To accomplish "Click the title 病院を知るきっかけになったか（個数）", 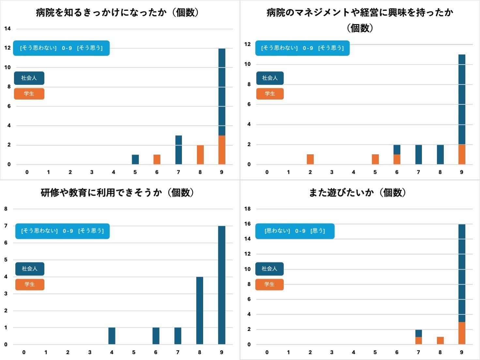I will point(117,12).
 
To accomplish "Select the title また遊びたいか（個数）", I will point(357,193).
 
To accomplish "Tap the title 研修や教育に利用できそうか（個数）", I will point(117,193).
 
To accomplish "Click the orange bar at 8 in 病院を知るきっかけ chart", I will point(200,155).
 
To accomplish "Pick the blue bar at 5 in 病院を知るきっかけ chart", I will point(135,159).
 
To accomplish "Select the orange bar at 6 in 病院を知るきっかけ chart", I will point(157,159).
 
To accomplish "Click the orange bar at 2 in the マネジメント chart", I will point(310,159).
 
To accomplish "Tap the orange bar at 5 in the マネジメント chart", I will point(375,159).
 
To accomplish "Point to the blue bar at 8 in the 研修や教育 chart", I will point(200,310).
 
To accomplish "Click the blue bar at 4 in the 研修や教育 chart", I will point(112,336).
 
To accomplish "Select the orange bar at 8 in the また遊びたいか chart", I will point(440,340).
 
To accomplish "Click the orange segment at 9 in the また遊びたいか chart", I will point(462,333).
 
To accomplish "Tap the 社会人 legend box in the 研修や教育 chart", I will point(30,269).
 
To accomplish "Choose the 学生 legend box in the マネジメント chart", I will point(270,94).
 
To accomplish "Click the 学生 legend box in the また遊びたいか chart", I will point(269,284).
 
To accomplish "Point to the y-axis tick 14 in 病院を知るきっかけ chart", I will point(7,29).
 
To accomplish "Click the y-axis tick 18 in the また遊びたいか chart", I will point(247,209).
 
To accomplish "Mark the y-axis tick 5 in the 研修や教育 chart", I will point(6,260).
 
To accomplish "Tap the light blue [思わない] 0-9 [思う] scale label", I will point(295,231).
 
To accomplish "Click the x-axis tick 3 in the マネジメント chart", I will point(332,172).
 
